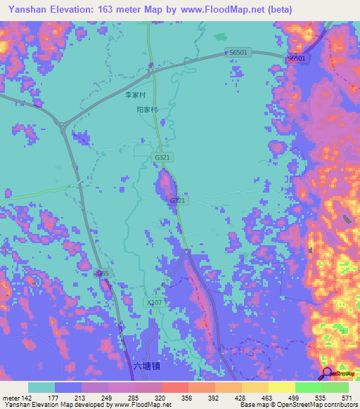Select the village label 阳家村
pos(147,110)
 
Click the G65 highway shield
pos(103,273)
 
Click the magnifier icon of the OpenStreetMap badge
pos(328,372)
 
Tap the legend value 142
pos(27,397)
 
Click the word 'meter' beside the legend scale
pos(11,397)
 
